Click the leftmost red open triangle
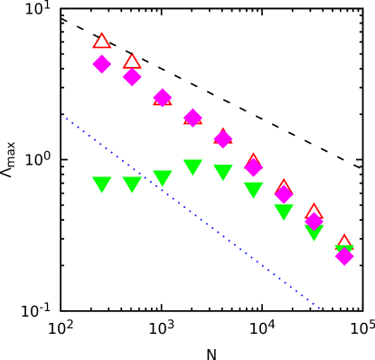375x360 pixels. (102, 41)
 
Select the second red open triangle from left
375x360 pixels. (132, 62)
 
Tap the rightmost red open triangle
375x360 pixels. (344, 242)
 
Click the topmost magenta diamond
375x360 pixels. (102, 63)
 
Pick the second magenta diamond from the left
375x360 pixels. (132, 77)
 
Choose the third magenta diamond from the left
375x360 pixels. (163, 98)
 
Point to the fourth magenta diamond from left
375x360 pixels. (192, 117)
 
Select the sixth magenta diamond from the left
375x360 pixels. (253, 166)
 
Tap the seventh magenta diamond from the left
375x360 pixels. (284, 194)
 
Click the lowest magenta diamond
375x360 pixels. (344, 256)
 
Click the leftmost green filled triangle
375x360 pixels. (102, 185)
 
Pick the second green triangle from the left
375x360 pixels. (132, 185)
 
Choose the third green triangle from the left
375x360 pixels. (163, 178)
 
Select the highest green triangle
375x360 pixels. (192, 167)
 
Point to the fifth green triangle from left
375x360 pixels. (223, 172)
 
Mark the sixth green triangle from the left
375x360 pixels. (253, 190)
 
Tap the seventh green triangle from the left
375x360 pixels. (284, 212)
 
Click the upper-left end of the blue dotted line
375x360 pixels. (63, 115)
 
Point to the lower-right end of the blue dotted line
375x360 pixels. (319, 308)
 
